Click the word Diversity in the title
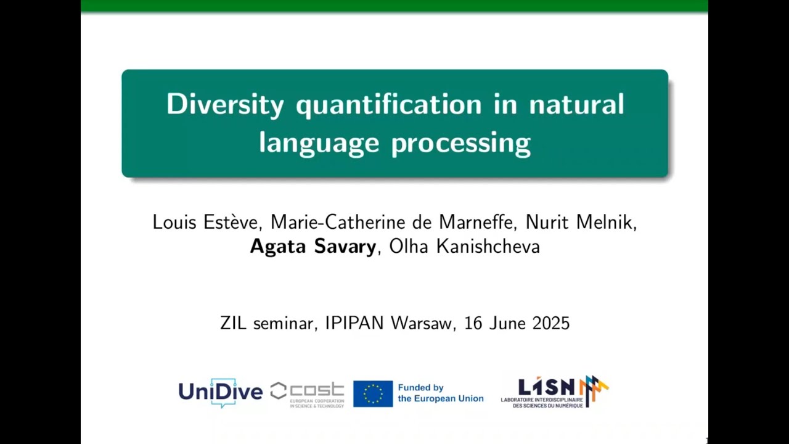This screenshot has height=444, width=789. pos(225,104)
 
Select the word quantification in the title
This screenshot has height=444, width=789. pos(388,105)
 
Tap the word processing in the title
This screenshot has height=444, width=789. pos(460,143)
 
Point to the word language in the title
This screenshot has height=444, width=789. pos(319,143)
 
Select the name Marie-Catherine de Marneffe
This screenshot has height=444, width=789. pos(393,222)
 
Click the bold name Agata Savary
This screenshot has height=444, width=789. pos(313,247)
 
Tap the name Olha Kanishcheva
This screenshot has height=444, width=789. pos(464,247)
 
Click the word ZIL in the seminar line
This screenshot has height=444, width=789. pos(233,323)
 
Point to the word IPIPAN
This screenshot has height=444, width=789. pos(351,323)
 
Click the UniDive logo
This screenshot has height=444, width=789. pos(220,392)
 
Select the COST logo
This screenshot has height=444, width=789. pos(307,393)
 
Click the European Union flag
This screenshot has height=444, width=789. pos(373,393)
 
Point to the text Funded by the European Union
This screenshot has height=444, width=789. pos(440,393)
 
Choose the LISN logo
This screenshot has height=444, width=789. pos(554,392)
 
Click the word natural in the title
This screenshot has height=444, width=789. pos(576,104)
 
